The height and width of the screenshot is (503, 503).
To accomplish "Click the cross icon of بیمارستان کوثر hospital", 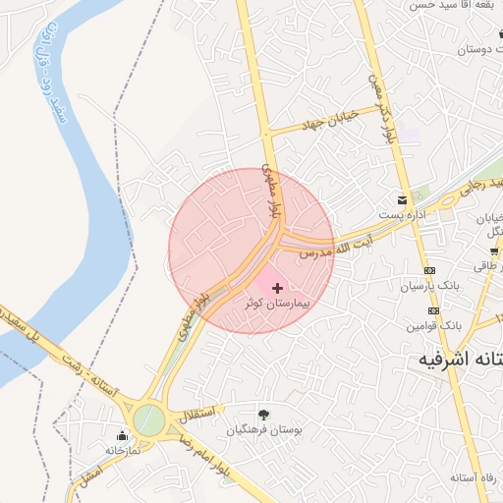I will (277, 288).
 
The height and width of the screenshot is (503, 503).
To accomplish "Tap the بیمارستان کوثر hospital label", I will (277, 305).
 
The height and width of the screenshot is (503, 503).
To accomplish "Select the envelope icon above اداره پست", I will (403, 196).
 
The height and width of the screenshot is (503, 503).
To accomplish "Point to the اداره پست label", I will (403, 213).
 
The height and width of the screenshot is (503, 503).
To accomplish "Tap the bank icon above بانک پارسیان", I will (429, 270).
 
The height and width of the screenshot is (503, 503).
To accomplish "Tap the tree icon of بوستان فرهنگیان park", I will (263, 414).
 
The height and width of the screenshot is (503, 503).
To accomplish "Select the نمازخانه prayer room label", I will (126, 451).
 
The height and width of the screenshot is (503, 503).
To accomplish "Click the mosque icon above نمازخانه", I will (123, 435).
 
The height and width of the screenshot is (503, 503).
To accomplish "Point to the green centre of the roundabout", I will (149, 420).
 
